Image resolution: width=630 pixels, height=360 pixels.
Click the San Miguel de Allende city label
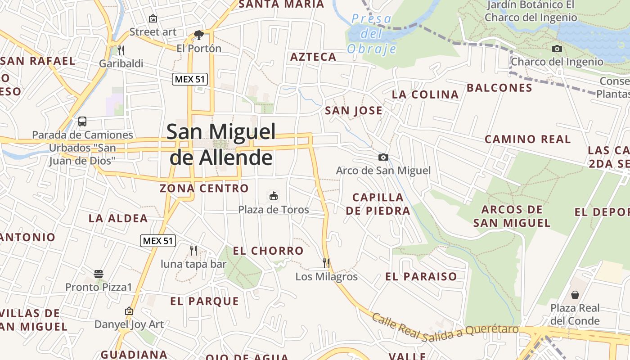221,144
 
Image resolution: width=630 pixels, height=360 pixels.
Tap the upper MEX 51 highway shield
190,79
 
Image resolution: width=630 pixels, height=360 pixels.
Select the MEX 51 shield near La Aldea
157,241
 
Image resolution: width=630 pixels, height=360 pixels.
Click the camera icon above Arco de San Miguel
383,157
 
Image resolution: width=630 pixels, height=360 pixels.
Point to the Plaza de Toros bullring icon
273,196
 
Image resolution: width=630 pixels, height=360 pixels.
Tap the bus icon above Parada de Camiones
82,121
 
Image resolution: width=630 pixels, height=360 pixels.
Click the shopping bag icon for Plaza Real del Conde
575,295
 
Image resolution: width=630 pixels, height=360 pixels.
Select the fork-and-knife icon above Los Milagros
326,263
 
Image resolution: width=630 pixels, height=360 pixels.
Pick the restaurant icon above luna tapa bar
193,250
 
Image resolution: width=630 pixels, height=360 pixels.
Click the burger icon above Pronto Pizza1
99,274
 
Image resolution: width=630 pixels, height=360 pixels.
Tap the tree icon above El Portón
198,35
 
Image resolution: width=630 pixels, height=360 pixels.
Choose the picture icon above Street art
153,18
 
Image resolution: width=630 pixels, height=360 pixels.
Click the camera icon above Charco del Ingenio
557,49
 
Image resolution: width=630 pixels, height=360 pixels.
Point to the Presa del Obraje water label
372,34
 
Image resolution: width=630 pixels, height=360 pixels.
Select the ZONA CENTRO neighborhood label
204,188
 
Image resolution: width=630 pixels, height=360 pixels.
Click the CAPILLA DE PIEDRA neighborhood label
378,204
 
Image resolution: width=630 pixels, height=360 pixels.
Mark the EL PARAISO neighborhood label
421,276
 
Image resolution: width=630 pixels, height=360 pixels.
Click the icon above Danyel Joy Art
129,311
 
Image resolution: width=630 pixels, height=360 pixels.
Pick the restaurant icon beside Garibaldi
121,50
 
